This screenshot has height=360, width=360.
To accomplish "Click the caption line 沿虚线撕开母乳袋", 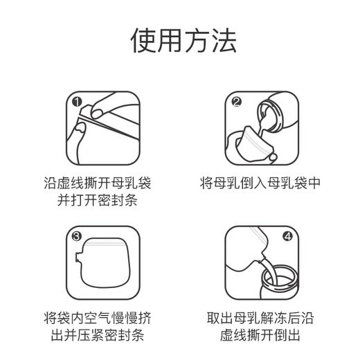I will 103,184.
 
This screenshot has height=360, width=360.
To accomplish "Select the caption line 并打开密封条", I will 103,202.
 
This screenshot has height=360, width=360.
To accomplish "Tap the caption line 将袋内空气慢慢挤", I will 103,319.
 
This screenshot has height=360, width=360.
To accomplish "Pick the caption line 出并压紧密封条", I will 103,337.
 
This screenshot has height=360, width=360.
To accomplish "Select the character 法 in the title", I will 224,42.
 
